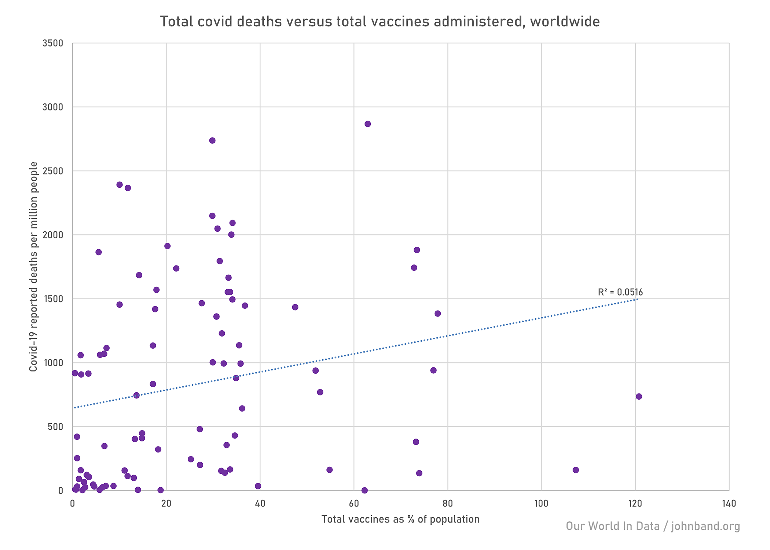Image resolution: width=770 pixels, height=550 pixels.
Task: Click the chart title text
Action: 380,22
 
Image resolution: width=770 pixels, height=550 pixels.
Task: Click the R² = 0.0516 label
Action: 620,292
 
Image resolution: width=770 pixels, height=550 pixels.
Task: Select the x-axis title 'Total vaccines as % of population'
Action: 400,519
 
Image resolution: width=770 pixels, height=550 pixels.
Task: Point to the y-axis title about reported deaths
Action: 34,267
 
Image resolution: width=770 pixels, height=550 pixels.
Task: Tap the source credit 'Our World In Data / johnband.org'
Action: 653,526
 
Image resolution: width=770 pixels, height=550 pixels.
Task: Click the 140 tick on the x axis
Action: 729,504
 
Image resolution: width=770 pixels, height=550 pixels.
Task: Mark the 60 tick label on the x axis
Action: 354,504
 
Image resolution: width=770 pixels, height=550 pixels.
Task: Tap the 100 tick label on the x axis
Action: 541,504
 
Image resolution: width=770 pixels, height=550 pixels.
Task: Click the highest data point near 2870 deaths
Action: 367,124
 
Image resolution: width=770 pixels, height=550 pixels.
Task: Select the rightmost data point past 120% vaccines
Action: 639,396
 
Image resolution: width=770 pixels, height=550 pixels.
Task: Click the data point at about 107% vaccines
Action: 576,470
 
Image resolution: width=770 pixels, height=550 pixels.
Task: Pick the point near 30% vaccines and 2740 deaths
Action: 212,140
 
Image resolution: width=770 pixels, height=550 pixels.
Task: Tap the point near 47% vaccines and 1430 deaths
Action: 295,307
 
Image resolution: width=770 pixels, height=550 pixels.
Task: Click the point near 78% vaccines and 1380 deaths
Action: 437,313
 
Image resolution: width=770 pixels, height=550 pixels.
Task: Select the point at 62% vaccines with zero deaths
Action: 364,490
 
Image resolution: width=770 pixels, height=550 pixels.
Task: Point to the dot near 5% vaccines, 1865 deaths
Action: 99,252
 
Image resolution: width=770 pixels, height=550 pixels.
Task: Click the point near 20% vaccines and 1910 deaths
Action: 167,246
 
